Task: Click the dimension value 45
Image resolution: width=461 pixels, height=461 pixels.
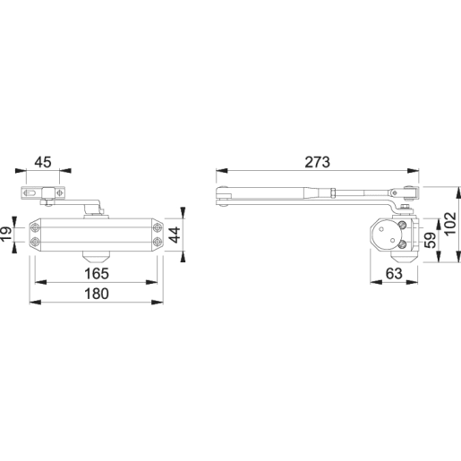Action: point(42,162)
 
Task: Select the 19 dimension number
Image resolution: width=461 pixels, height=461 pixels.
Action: point(6,235)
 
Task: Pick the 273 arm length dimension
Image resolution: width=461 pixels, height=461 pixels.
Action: point(317,162)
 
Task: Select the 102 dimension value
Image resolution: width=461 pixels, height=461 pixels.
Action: point(452,226)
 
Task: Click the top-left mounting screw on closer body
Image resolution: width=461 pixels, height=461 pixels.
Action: point(35,224)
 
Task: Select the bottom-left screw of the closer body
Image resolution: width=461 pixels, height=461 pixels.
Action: point(35,243)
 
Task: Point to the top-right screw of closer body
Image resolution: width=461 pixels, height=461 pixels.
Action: point(158,224)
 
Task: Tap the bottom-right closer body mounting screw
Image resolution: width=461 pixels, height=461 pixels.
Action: point(158,243)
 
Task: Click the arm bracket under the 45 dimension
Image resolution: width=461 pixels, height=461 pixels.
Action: point(43,192)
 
